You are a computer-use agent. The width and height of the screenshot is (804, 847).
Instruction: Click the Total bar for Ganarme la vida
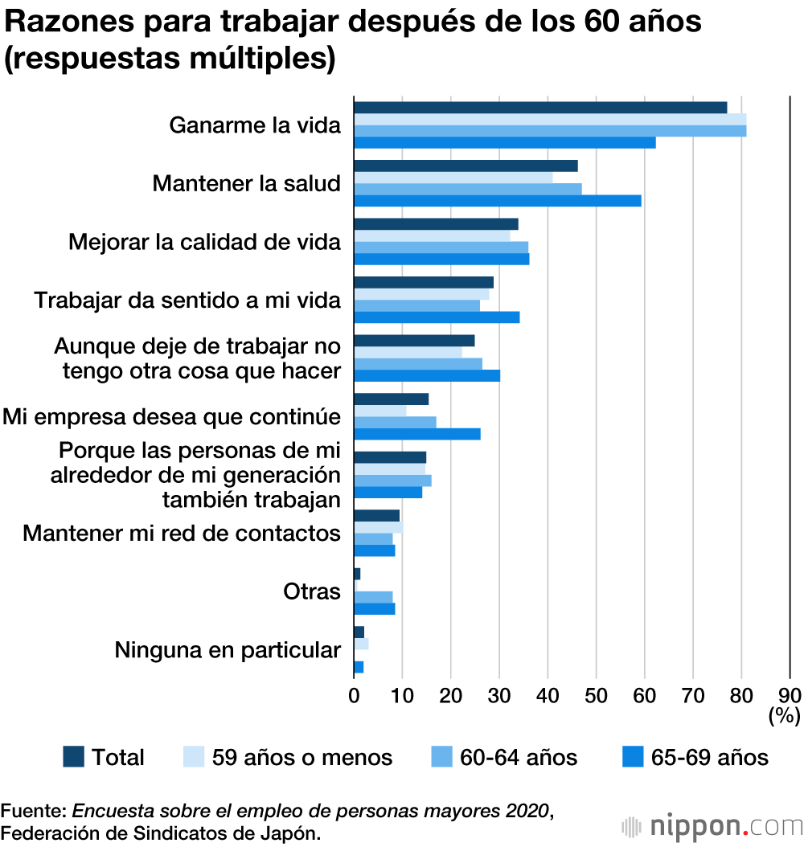pyautogui.click(x=540, y=108)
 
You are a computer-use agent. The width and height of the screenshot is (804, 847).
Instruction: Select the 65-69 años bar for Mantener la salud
pyautogui.click(x=498, y=201)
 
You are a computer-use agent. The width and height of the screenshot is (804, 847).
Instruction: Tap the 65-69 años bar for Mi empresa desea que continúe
pyautogui.click(x=417, y=434)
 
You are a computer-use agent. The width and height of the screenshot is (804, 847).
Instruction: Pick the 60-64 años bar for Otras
pyautogui.click(x=373, y=597)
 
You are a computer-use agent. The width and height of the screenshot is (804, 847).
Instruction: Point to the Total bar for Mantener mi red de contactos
pyautogui.click(x=376, y=515)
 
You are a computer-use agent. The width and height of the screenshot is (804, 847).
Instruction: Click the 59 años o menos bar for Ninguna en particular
pyautogui.click(x=361, y=644)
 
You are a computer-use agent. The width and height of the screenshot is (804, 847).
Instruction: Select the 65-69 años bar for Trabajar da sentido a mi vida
pyautogui.click(x=437, y=317)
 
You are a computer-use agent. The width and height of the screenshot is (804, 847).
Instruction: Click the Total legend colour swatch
pyautogui.click(x=73, y=756)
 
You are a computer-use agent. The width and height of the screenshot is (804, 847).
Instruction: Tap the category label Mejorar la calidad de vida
pyautogui.click(x=205, y=242)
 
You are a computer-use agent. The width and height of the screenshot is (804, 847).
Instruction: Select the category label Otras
pyautogui.click(x=312, y=591)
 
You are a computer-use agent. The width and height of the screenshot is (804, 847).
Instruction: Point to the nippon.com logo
pyautogui.click(x=712, y=827)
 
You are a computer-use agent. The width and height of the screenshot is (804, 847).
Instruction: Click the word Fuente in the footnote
pyautogui.click(x=33, y=809)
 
